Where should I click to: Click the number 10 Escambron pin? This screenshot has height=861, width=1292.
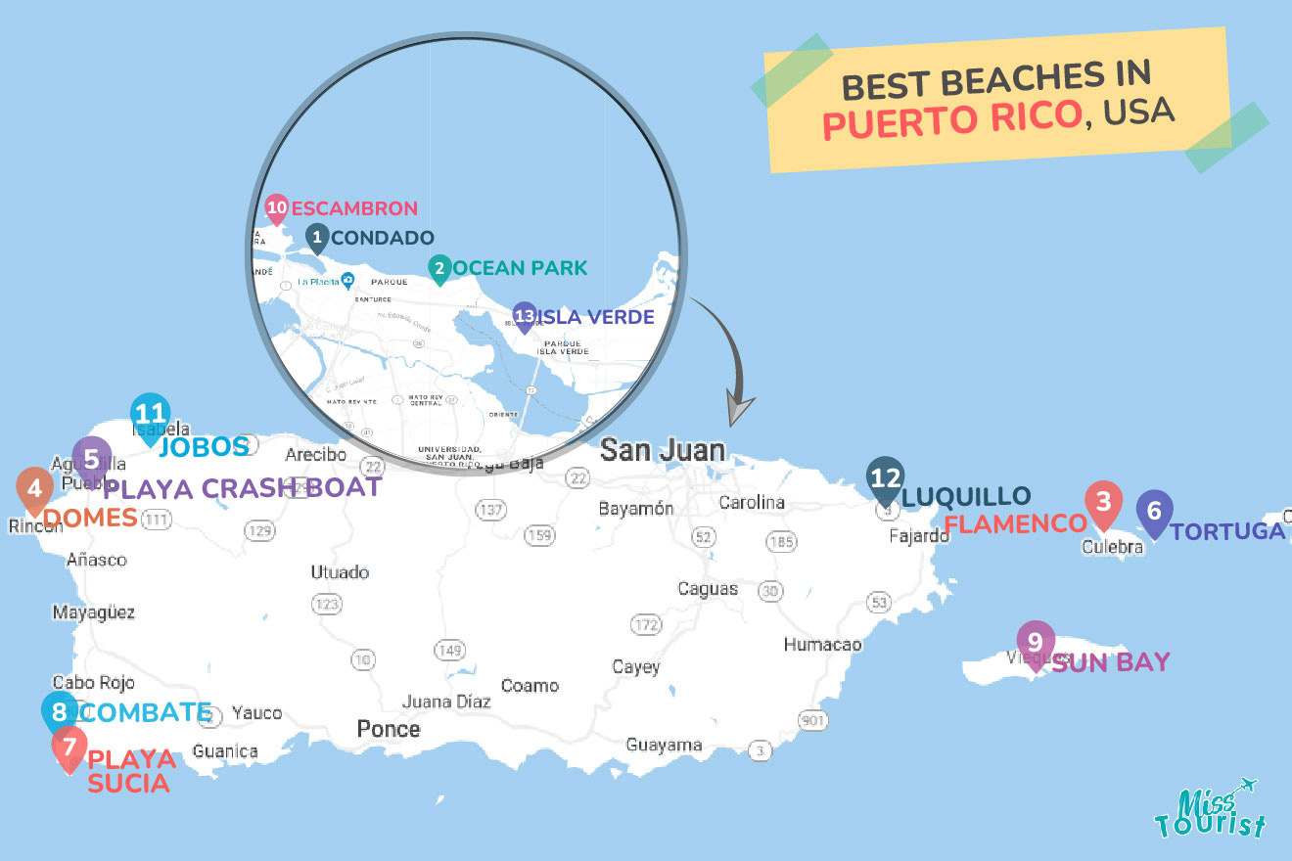(277, 207)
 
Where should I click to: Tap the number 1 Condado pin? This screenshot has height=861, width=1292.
(316, 237)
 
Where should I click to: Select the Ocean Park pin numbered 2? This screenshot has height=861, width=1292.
(440, 268)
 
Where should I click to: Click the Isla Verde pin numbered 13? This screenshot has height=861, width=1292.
(525, 316)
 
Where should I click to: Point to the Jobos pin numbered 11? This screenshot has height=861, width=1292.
(151, 416)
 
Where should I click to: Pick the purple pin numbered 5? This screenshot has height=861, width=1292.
(91, 459)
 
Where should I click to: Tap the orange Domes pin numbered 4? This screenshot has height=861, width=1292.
(34, 488)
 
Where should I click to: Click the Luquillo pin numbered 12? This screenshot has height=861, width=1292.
(885, 478)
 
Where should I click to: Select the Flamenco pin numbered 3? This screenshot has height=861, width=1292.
(1103, 503)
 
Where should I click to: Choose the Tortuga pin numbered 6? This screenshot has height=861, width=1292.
(1154, 511)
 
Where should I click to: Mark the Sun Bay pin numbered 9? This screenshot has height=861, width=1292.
(1035, 643)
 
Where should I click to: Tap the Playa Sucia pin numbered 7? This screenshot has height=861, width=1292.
(69, 747)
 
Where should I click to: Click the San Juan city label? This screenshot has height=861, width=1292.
(663, 450)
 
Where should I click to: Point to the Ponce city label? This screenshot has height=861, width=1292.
(389, 729)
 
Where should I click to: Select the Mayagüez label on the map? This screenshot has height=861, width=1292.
(94, 612)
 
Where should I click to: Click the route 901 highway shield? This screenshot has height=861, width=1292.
(812, 721)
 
